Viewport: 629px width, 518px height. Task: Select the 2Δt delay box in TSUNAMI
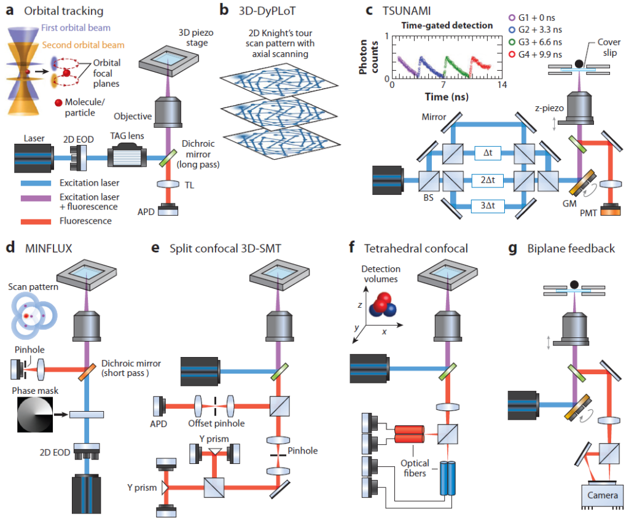(489, 179)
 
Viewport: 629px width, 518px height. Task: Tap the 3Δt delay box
(489, 205)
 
